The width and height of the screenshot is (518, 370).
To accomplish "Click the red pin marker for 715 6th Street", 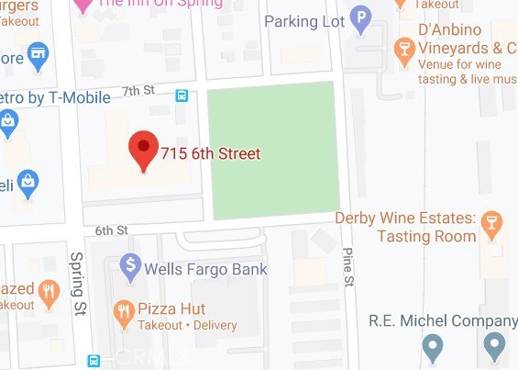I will [142, 150].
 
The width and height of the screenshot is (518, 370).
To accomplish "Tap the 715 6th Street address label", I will [211, 154].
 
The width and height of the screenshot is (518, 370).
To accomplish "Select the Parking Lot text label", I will [303, 20].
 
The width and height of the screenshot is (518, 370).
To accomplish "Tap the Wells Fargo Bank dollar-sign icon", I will [131, 268].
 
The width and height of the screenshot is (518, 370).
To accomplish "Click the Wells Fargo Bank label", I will [206, 269].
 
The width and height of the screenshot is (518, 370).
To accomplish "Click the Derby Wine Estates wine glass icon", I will [493, 221].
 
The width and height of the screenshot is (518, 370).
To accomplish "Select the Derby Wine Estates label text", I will [405, 227].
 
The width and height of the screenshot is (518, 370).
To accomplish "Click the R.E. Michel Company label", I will [443, 320].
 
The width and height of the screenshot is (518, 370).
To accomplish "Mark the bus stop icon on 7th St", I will [182, 95].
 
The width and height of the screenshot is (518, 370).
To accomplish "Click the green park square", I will [272, 151].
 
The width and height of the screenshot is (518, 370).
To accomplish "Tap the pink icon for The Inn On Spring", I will [83, 5].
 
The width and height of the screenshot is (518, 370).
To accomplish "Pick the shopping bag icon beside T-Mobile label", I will [8, 120].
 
